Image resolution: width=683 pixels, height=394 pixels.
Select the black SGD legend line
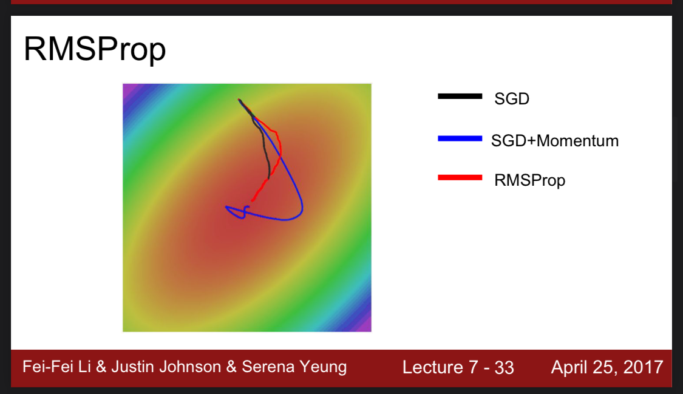coord(460,96)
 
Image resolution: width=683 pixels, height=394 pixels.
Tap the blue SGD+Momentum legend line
coord(460,138)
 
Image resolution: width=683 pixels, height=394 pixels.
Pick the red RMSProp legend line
coord(460,177)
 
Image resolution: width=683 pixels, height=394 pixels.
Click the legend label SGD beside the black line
coord(512,99)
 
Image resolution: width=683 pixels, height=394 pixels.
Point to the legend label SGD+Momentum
coord(554,141)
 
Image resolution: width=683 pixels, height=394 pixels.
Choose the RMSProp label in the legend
coord(529,180)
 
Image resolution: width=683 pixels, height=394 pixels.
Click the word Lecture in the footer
coord(432,367)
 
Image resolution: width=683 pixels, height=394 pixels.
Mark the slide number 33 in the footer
coord(505,368)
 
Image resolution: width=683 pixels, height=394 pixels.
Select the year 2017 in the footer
coord(643,367)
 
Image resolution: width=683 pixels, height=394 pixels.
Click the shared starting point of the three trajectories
coord(239,100)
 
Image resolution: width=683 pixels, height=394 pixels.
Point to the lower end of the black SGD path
coord(268,177)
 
